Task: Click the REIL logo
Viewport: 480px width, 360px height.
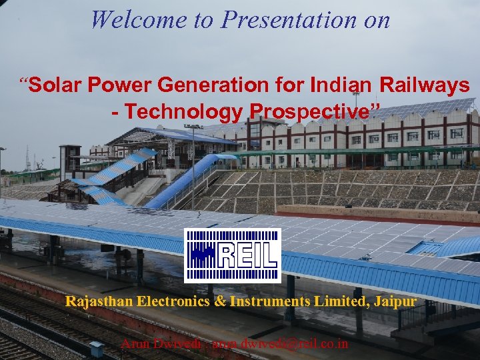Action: click(232, 256)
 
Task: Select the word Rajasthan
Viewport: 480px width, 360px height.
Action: click(99, 301)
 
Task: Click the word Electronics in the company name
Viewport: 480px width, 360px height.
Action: click(174, 301)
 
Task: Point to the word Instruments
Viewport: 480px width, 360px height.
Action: click(269, 301)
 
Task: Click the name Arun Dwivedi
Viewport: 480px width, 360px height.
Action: click(162, 344)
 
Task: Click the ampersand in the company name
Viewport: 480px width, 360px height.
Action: click(220, 301)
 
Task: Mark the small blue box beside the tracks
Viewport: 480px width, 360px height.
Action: click(97, 348)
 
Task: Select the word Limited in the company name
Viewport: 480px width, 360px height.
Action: click(337, 301)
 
